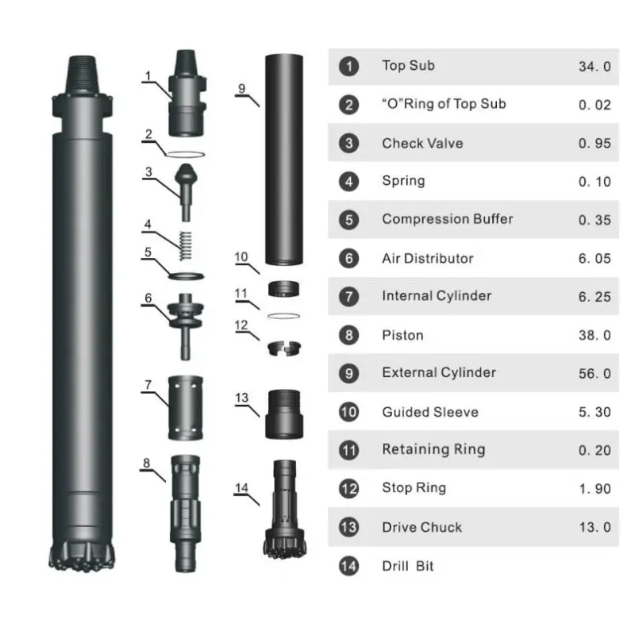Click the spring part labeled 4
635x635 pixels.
coord(186,245)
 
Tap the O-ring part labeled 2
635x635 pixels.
coord(186,154)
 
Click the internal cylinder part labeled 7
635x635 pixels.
coord(186,408)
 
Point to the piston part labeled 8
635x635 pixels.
coord(186,513)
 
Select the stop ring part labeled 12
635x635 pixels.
coord(284,348)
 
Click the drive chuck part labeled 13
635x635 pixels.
coord(284,414)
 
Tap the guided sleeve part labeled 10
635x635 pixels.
coord(284,289)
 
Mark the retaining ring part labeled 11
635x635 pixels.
coord(284,316)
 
